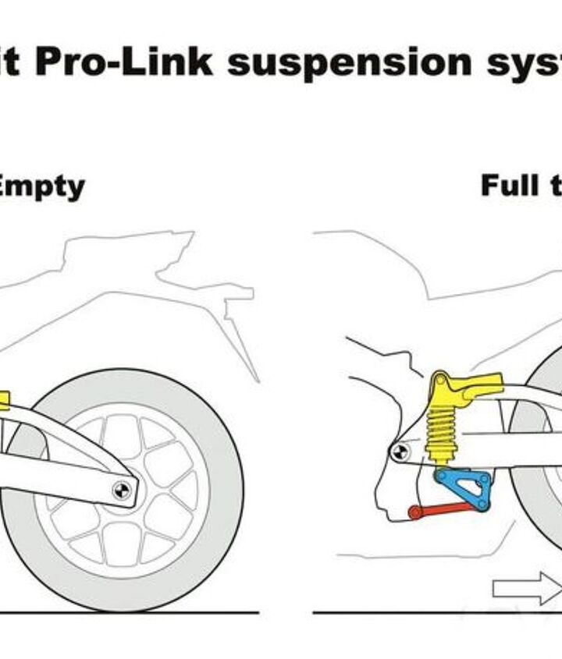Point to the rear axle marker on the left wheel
pos(122,490)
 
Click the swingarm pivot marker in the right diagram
pos(399,450)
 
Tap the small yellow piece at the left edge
pos(3,401)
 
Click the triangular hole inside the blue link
pos(471,488)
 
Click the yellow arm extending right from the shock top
pos(484,382)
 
